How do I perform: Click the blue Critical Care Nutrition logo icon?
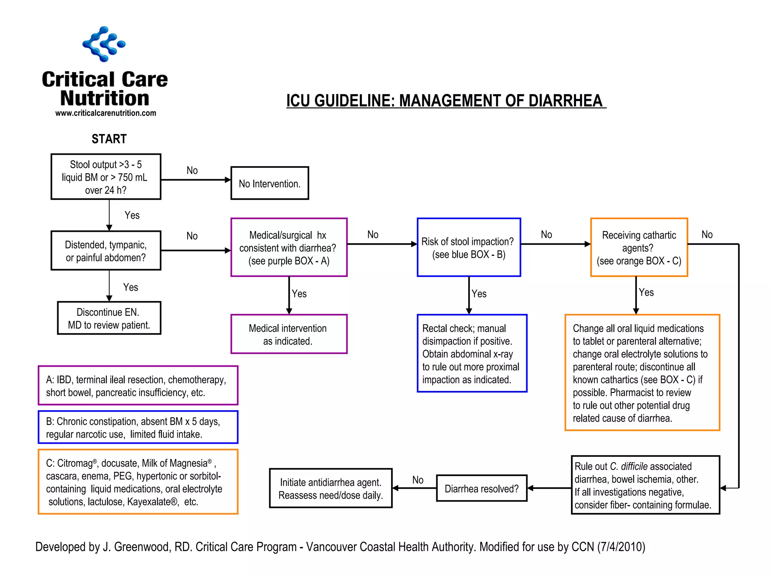pos(104,44)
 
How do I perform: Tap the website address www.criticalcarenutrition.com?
pos(105,113)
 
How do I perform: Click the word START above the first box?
pos(109,139)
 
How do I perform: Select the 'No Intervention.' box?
pos(270,183)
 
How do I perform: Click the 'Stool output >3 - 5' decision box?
pos(106,177)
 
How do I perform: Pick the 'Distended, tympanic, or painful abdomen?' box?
pos(106,251)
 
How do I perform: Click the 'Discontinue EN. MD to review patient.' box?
pos(109,318)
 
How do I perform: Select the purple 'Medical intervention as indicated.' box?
pos(289,334)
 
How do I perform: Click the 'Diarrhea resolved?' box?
pos(481,488)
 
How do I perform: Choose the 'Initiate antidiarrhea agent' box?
pos(331,488)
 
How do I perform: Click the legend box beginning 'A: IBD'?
pos(138,386)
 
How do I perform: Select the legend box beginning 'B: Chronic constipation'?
pos(138,427)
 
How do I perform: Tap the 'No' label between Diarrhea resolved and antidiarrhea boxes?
pos(418,480)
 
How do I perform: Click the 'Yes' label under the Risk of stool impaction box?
pos(479,294)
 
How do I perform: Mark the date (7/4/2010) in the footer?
pos(621,547)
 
